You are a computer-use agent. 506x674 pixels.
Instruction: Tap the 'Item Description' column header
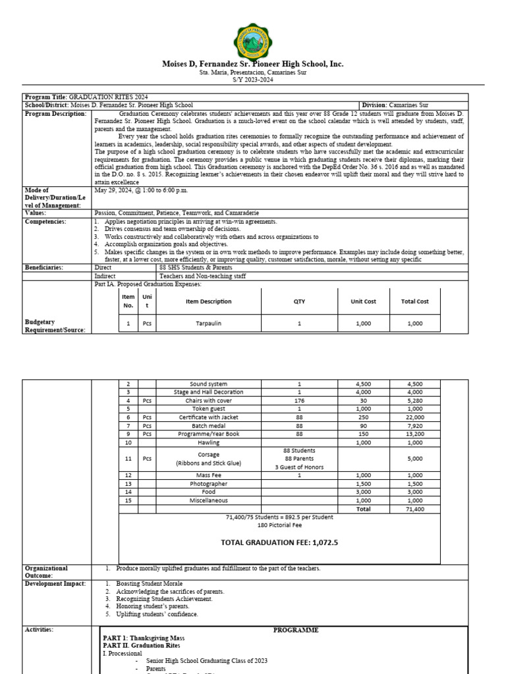[x=209, y=301]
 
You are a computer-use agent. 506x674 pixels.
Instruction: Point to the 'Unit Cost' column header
[x=363, y=301]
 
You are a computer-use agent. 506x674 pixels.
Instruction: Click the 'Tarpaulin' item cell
[x=209, y=324]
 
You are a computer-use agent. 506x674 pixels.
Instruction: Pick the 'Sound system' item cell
[x=208, y=384]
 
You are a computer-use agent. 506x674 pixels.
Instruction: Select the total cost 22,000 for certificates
[x=414, y=417]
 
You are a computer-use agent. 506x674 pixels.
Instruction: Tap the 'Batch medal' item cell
[x=208, y=426]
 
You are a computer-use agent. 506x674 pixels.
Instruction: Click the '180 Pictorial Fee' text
[x=279, y=527]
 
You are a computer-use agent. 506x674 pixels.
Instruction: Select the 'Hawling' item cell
[x=208, y=443]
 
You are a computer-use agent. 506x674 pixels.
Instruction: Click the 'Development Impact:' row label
[x=55, y=584]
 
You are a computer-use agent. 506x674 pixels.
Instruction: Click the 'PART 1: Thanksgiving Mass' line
[x=144, y=638]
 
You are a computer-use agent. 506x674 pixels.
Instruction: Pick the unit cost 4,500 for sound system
[x=363, y=384]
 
